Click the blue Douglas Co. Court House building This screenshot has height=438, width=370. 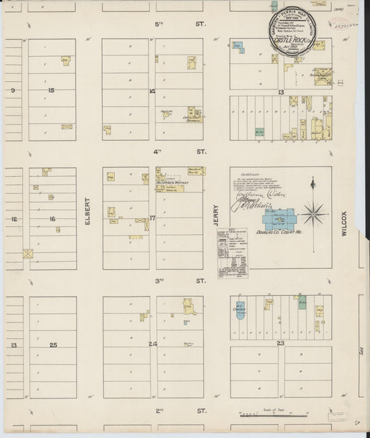[277, 224]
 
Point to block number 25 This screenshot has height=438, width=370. [53, 344]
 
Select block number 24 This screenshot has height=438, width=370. [152, 344]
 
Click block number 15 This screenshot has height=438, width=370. [51, 91]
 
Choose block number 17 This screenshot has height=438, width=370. [152, 218]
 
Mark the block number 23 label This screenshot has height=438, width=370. [280, 342]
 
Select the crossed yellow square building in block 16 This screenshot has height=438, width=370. [28, 254]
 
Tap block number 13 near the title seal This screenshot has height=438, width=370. [280, 92]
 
